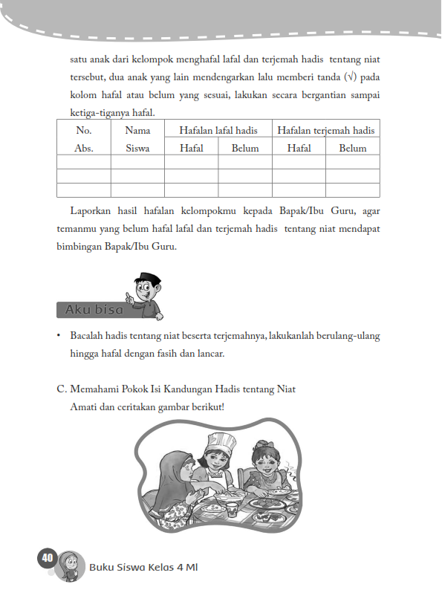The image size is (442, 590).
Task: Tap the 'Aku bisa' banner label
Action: (x=94, y=309)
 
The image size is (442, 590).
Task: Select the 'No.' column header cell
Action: (x=83, y=130)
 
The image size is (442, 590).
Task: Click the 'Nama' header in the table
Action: (x=137, y=130)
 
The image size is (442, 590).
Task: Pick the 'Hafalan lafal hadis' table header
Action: (x=218, y=130)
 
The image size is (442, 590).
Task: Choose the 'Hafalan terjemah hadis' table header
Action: (x=326, y=130)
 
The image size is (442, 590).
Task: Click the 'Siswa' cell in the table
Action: (x=137, y=148)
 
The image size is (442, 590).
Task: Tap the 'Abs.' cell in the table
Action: (x=83, y=148)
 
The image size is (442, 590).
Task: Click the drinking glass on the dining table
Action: (x=232, y=509)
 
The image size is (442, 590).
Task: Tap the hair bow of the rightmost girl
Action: (x=264, y=445)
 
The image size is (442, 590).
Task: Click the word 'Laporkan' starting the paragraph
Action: (x=91, y=211)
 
